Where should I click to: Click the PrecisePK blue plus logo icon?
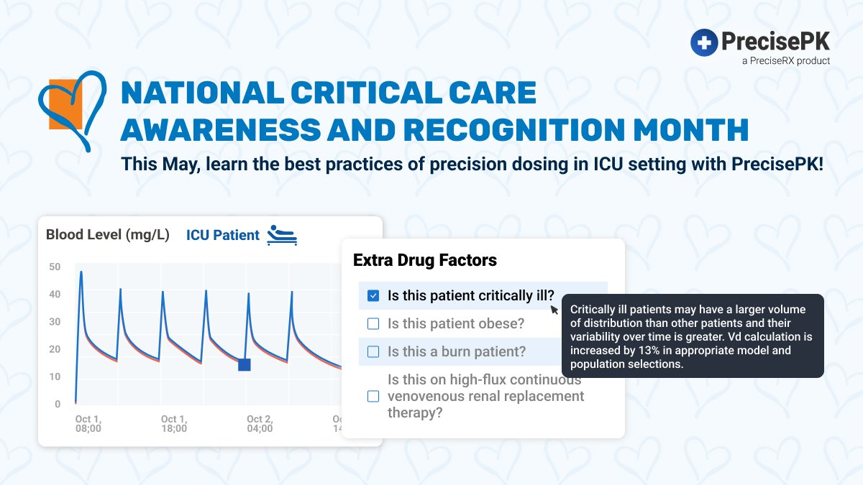click(x=704, y=42)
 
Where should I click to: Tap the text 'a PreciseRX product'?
click(x=786, y=61)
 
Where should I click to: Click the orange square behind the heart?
click(x=65, y=104)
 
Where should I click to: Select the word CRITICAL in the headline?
click(x=366, y=93)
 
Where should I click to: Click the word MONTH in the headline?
click(x=691, y=129)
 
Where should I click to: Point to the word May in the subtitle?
click(x=180, y=165)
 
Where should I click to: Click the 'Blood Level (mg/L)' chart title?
click(x=107, y=234)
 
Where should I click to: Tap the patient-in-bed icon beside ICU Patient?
click(x=282, y=235)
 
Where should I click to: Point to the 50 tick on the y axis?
click(x=55, y=267)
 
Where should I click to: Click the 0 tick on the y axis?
click(x=58, y=404)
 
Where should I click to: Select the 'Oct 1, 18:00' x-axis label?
click(x=174, y=423)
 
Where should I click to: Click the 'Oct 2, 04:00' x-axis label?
click(x=260, y=423)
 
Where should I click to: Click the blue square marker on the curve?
click(x=245, y=364)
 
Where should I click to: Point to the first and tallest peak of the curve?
click(x=81, y=272)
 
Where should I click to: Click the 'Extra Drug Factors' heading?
click(x=425, y=260)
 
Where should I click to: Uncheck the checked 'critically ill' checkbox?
click(x=373, y=295)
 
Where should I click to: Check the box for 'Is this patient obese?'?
click(x=373, y=324)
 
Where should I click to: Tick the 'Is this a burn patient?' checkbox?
click(x=373, y=351)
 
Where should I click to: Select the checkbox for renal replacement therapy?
click(x=373, y=396)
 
